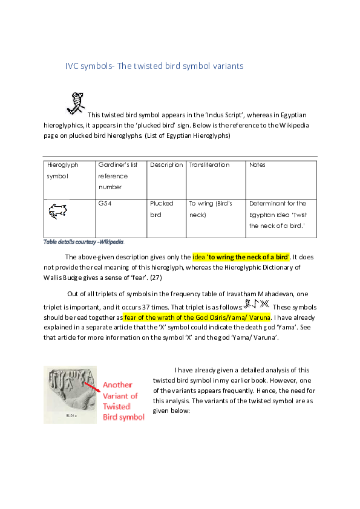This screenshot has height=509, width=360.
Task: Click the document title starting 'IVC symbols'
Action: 154,66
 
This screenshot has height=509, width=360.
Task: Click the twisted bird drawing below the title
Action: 75,103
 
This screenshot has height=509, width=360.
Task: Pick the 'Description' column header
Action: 166,164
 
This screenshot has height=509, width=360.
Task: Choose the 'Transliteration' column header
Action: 209,164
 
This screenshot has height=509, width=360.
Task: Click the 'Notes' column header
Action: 257,164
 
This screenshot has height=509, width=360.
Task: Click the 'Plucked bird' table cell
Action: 162,209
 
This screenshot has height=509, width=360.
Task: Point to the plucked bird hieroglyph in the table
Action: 57,211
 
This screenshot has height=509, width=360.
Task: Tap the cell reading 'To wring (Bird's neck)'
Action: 210,209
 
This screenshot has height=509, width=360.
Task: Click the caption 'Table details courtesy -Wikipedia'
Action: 83,242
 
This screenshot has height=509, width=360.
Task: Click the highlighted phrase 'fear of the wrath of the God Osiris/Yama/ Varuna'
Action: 198,317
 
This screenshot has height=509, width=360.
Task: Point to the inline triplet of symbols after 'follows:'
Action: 256,303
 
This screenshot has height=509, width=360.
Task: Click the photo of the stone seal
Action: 70,394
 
